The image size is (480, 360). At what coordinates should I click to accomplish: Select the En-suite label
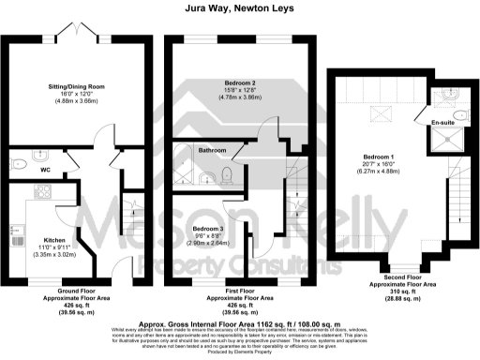click(442, 123)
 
